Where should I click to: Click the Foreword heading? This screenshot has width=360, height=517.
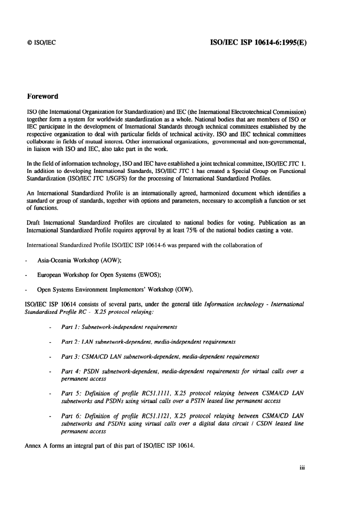[42, 96]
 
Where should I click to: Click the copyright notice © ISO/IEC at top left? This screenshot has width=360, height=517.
[41, 42]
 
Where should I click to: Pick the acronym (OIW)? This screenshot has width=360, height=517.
[184, 290]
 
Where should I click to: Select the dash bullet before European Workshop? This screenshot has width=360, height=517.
[26, 275]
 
